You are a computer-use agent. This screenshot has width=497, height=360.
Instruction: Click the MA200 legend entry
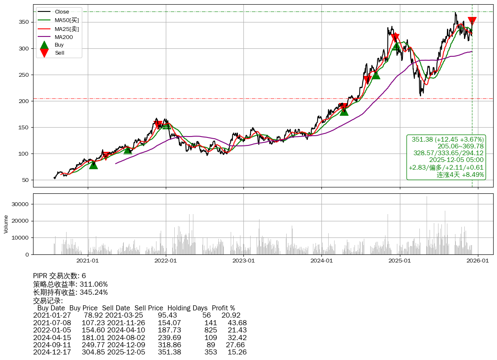coord(64,37)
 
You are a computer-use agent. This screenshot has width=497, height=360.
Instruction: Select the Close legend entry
coord(62,12)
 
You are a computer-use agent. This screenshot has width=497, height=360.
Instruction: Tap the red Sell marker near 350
coord(472,21)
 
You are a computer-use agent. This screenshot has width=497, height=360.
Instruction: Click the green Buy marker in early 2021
coord(93,165)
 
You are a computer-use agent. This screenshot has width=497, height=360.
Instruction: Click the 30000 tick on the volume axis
coord(20,204)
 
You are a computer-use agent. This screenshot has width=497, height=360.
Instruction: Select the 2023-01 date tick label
coord(243,261)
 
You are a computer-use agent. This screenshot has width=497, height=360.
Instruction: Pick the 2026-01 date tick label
coord(478,261)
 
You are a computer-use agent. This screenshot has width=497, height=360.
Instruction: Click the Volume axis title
coord(6,224)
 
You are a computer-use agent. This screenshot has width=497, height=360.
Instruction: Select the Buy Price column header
coord(84,308)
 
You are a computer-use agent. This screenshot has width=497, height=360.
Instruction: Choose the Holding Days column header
coord(187,308)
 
